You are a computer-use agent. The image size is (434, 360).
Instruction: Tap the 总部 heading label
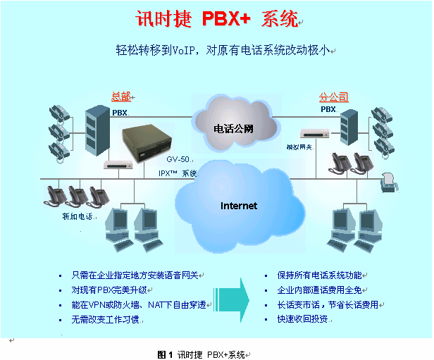(120, 97)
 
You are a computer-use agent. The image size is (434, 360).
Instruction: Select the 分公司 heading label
(333, 97)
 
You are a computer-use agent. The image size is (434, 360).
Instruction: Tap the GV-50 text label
(178, 160)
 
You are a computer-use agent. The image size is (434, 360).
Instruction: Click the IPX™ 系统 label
(178, 173)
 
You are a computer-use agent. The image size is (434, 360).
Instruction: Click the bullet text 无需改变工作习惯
(108, 319)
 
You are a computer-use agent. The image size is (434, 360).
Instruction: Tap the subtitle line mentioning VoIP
(224, 50)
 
